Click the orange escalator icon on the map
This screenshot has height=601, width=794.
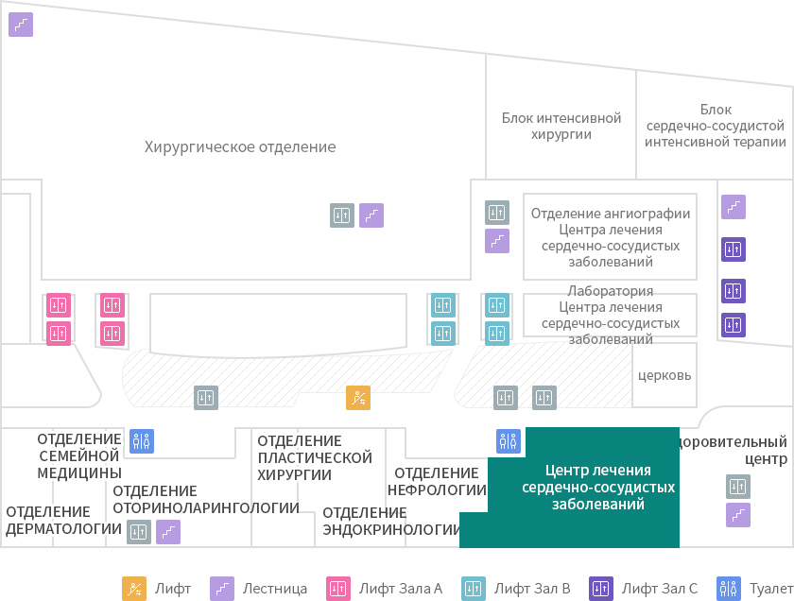(x=358, y=398)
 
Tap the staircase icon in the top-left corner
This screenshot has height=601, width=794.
(x=21, y=25)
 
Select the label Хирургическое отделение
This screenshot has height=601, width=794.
(x=240, y=146)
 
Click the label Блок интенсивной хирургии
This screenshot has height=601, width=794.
(x=561, y=126)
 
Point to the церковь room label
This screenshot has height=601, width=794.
(x=665, y=375)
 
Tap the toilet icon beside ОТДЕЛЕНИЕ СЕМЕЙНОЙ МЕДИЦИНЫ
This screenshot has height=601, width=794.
(x=142, y=441)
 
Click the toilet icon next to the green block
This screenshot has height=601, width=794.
(x=509, y=441)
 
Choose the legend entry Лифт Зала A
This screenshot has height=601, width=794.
(x=384, y=589)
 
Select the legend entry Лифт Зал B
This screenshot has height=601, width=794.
(x=515, y=589)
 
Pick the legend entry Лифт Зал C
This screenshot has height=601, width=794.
(x=643, y=589)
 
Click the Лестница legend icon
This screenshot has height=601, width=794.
(x=222, y=589)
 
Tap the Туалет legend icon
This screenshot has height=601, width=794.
(x=729, y=589)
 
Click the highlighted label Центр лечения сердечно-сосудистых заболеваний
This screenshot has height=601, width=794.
(x=598, y=487)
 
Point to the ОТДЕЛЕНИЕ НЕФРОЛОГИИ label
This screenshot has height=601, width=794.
(x=437, y=482)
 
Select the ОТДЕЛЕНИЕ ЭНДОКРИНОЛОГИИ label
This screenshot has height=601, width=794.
(x=391, y=521)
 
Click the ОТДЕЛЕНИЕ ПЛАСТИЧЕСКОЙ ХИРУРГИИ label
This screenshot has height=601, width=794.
(x=315, y=457)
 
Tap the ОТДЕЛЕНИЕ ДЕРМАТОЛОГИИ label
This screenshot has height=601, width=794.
(x=63, y=520)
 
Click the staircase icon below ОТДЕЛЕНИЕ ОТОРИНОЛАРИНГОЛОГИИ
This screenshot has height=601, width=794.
(x=168, y=532)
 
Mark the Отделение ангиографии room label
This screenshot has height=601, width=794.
(x=611, y=214)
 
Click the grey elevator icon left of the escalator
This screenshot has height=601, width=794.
(x=206, y=398)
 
